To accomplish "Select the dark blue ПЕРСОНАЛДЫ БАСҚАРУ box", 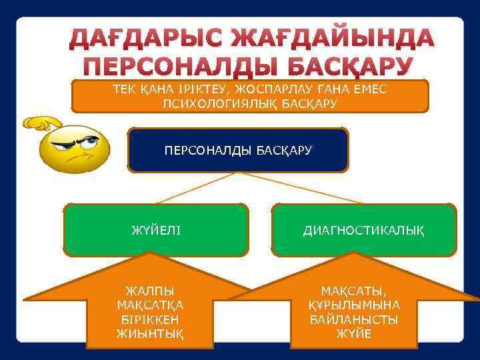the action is (238, 150).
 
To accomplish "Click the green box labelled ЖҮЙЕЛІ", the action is (156, 231).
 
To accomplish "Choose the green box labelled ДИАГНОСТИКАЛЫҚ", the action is (364, 231).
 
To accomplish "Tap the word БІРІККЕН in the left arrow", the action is (151, 319).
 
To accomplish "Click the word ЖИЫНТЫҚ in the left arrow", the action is (151, 333).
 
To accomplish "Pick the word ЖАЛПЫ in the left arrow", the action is (151, 291).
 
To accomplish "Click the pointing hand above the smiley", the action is (41, 123).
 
